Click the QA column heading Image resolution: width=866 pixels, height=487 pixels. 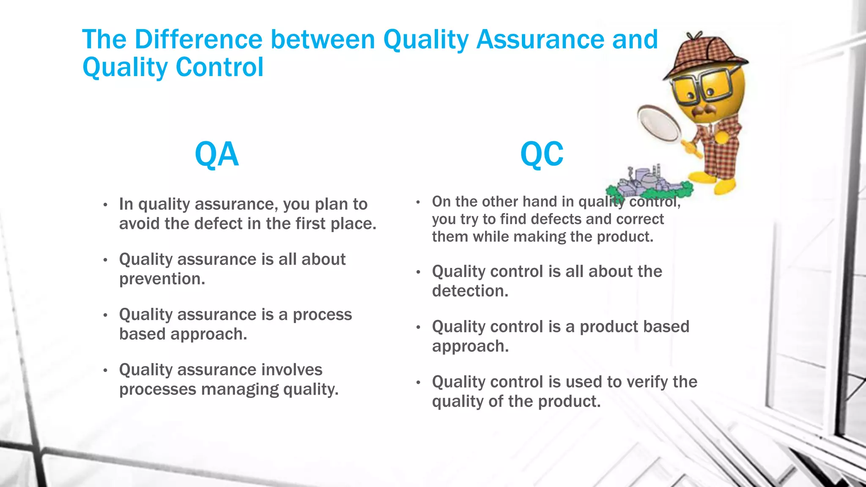(x=216, y=155)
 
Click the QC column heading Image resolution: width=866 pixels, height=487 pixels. (x=542, y=155)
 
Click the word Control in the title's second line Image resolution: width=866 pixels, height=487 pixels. (x=219, y=67)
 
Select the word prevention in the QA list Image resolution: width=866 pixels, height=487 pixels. (x=162, y=279)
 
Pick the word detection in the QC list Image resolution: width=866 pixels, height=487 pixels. (x=469, y=291)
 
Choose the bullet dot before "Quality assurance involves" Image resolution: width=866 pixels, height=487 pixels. (x=105, y=371)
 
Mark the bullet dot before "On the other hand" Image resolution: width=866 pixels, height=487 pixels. (x=418, y=202)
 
